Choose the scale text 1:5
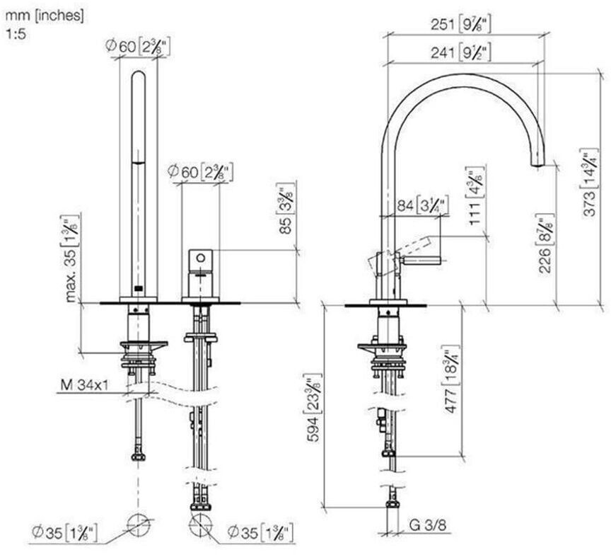coord(15,32)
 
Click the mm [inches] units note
coord(44,14)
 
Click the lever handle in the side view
coord(417,259)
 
